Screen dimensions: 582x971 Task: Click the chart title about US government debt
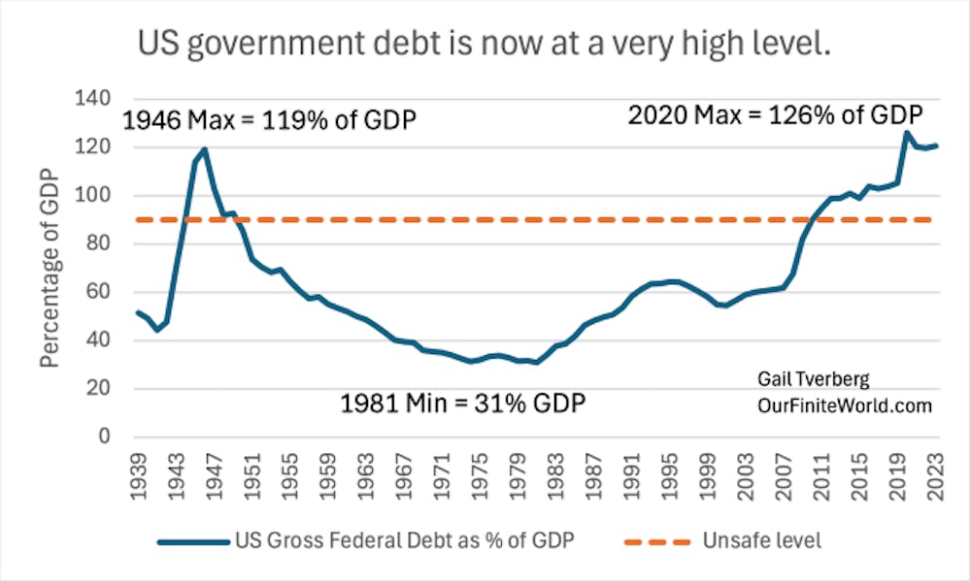point(485,45)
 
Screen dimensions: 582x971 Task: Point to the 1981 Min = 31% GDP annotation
point(463,402)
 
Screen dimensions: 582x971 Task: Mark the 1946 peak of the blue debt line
point(204,149)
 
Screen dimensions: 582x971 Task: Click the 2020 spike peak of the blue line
point(906,133)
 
